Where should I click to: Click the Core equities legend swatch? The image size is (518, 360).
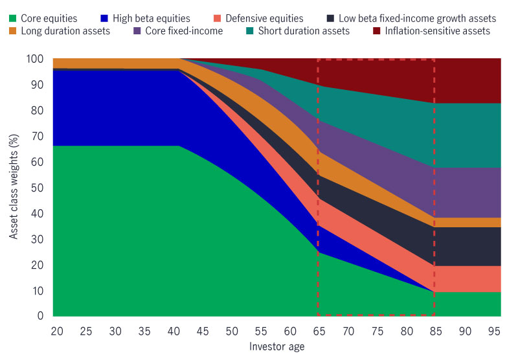[x=14, y=19]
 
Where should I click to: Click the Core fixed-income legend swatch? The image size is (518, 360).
[x=137, y=30]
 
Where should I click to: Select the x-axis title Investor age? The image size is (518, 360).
[x=277, y=346]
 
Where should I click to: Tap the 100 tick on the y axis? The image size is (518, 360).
[x=35, y=59]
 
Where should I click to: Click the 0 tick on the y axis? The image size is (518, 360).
[x=40, y=316]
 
